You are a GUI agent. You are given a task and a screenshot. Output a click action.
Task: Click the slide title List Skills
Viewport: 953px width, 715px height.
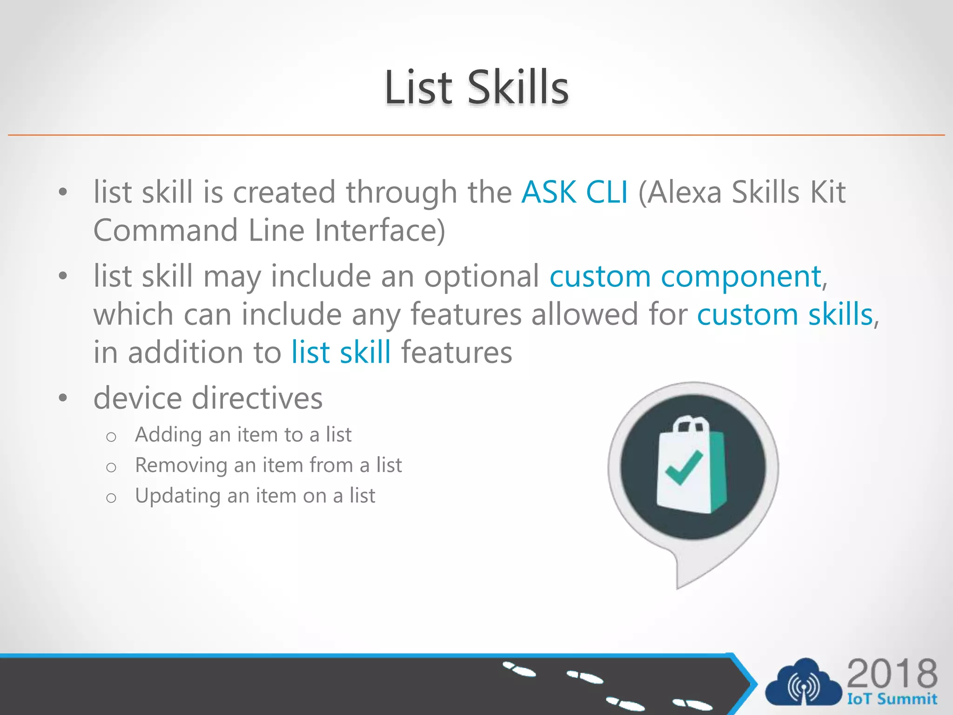point(476,88)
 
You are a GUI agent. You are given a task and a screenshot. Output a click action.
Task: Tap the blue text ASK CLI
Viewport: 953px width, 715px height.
point(575,192)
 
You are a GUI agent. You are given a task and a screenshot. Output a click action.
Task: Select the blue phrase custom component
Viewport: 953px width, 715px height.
point(685,277)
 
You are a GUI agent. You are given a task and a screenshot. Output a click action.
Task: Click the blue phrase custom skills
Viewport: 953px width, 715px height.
point(785,315)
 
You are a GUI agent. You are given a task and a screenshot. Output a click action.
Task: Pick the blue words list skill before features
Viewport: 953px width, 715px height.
point(341,352)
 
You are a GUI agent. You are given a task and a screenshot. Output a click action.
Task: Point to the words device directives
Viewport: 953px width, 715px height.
point(208,398)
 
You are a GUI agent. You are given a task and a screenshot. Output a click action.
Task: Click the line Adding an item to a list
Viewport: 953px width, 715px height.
point(243,435)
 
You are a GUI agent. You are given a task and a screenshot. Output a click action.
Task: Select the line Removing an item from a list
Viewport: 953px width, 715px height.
point(268,465)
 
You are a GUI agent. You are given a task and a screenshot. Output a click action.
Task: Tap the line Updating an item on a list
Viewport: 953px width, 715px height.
point(255,496)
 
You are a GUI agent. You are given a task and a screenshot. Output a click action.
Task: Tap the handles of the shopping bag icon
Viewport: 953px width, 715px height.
point(691,424)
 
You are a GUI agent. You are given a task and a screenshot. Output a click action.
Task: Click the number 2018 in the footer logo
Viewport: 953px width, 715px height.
point(892,674)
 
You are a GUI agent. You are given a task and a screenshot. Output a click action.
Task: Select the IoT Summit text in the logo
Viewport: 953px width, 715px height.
point(892,699)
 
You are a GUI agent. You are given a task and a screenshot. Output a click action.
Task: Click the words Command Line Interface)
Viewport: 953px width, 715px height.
point(269,230)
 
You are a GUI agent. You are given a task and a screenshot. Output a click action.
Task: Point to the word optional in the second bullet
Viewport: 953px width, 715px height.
point(481,277)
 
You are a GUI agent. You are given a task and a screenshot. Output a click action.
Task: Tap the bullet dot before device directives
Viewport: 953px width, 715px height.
point(63,398)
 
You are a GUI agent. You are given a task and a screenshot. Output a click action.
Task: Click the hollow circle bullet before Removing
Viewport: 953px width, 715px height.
point(111,467)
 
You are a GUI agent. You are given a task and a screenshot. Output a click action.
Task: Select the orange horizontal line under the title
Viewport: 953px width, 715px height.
point(476,135)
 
